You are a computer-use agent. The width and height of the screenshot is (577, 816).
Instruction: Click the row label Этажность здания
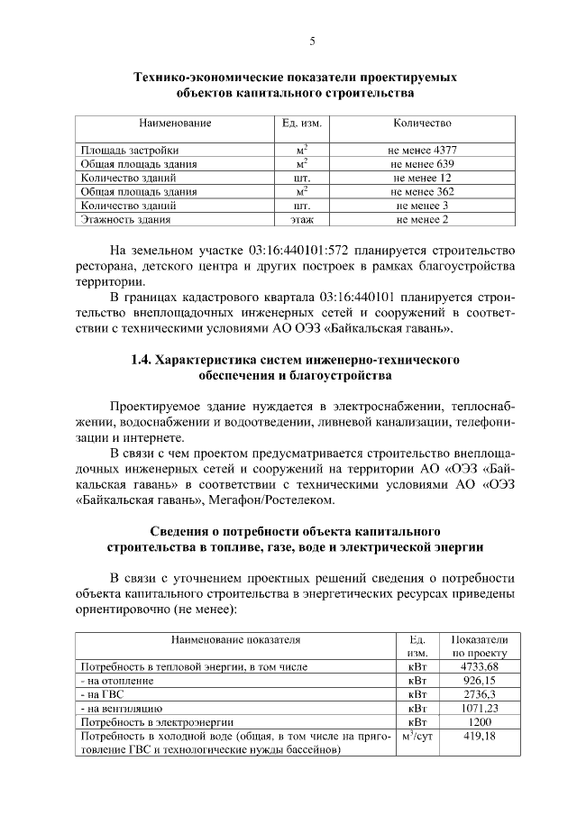[126, 218]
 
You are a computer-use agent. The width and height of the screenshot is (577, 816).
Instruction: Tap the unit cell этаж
[302, 218]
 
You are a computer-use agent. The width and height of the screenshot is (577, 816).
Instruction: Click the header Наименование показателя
[235, 639]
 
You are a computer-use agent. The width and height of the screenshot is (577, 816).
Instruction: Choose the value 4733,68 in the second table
[480, 666]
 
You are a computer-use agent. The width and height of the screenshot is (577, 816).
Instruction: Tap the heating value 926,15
[480, 681]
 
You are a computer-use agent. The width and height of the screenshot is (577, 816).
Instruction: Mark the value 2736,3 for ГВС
[480, 694]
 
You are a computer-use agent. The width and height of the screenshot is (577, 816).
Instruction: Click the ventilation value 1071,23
[480, 709]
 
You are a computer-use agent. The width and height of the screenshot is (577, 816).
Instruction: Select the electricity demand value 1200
[480, 722]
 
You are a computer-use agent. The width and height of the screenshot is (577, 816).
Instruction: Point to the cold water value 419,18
[480, 736]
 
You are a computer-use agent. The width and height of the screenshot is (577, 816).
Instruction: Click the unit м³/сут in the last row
[417, 736]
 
